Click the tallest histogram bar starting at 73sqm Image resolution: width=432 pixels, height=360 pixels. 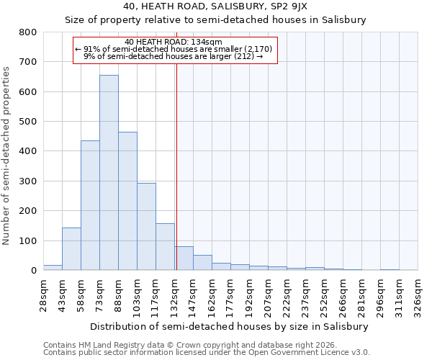tap(109, 173)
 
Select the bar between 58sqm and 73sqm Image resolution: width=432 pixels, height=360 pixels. tap(90, 205)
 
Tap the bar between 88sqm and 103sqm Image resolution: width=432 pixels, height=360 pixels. tap(127, 201)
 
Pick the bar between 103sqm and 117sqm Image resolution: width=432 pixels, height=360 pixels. tap(146, 227)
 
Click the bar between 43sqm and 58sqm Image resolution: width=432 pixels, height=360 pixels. tap(71, 249)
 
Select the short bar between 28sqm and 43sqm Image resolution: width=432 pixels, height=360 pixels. tap(53, 267)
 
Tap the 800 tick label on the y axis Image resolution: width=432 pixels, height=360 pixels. tap(27, 32)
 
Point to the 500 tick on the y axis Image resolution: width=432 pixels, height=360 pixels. tap(27, 122)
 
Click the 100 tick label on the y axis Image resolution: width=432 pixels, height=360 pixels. tap(27, 240)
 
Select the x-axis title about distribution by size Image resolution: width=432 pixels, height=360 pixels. tap(230, 326)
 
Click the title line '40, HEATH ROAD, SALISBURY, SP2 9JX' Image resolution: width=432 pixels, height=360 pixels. tap(216, 6)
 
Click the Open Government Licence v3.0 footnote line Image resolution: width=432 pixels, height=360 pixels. tap(207, 353)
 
